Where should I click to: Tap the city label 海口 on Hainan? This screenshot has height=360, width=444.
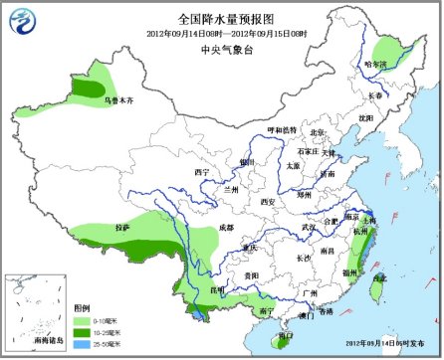click(285, 336)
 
